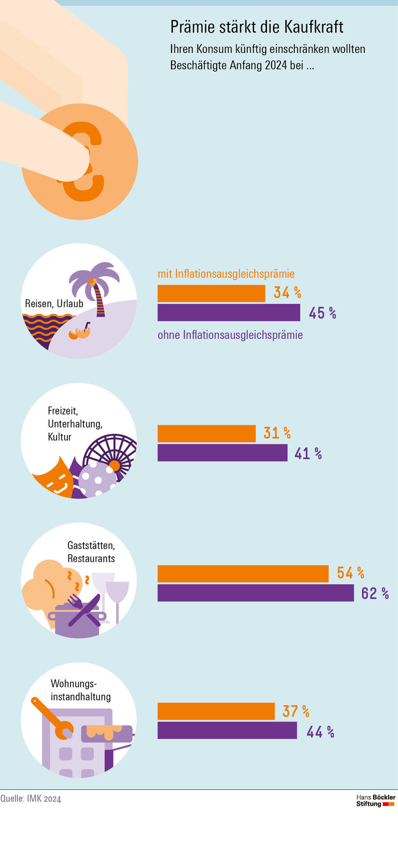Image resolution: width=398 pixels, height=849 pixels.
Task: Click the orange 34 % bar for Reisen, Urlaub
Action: (211, 293)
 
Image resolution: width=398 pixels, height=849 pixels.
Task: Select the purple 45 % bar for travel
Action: (229, 312)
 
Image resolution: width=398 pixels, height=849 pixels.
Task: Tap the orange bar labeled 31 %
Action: (206, 434)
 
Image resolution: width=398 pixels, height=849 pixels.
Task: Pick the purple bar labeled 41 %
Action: (222, 453)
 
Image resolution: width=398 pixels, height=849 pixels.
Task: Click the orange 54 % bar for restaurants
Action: (243, 573)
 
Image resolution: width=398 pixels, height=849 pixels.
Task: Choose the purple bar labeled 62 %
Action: (255, 593)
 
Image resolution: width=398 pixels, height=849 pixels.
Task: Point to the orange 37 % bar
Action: (216, 711)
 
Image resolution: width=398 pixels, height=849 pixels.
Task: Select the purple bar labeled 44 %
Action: (227, 730)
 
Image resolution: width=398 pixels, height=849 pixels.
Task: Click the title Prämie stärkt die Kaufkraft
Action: (257, 27)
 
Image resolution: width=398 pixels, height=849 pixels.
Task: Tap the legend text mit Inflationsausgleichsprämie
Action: (226, 274)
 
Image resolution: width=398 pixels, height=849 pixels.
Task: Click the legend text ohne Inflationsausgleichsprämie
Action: (230, 335)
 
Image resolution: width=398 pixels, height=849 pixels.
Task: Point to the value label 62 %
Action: (375, 593)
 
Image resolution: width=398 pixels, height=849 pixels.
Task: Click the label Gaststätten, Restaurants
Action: (91, 552)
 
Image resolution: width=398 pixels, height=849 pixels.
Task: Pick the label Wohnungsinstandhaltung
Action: (80, 690)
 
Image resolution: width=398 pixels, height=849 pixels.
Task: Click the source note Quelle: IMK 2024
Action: (31, 798)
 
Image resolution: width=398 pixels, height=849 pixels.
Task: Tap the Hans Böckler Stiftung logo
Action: (376, 800)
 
